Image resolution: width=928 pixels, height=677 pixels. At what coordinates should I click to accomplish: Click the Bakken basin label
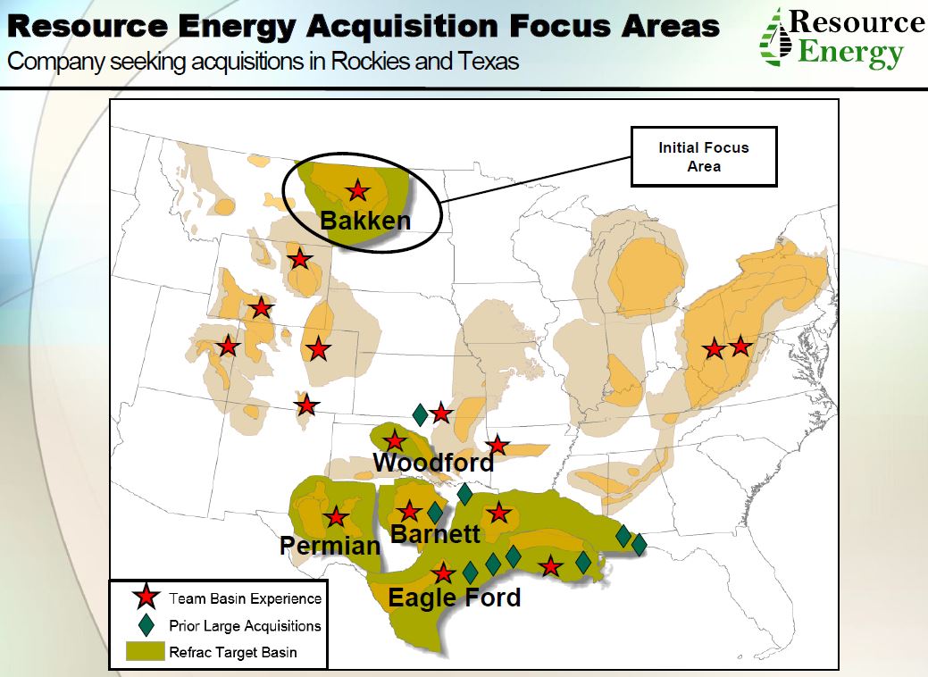364,220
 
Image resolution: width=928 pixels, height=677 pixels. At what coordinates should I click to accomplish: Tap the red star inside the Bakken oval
357,189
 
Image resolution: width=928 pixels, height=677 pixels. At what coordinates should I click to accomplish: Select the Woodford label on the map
433,463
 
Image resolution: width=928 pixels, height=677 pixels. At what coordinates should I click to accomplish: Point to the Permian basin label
330,545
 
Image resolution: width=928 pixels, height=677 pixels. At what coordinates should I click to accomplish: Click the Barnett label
436,534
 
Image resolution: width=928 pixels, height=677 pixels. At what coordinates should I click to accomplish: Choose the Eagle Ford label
455,597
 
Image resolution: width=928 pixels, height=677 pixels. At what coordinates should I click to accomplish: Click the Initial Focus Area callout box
703,156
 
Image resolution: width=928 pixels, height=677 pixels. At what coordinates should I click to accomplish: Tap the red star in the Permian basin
336,516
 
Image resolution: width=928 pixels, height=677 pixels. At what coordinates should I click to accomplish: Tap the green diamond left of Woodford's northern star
419,414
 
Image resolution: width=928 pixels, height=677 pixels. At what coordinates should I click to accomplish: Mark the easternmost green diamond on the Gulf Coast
640,544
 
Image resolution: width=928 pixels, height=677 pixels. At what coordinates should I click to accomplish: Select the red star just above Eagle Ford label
443,573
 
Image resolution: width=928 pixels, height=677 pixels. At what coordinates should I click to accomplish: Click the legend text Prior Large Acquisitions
245,626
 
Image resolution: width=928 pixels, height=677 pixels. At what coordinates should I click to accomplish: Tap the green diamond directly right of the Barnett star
435,512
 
